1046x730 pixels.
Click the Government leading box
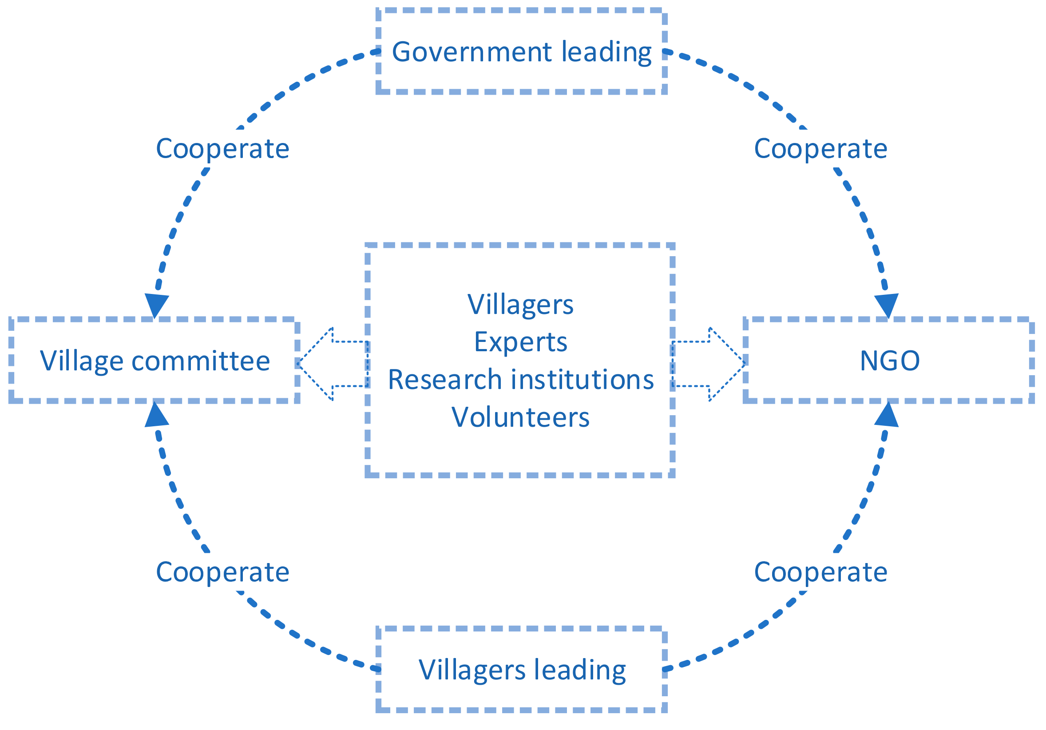click(521, 51)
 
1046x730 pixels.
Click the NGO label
click(889, 361)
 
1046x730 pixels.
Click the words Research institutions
click(520, 379)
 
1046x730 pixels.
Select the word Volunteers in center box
click(520, 417)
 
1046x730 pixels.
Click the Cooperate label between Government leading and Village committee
click(222, 149)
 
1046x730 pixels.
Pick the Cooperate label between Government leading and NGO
click(820, 149)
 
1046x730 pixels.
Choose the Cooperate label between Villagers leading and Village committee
click(222, 572)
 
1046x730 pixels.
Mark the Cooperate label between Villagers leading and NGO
click(820, 572)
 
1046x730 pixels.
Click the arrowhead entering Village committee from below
click(156, 416)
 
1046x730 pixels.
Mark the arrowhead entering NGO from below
click(887, 416)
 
